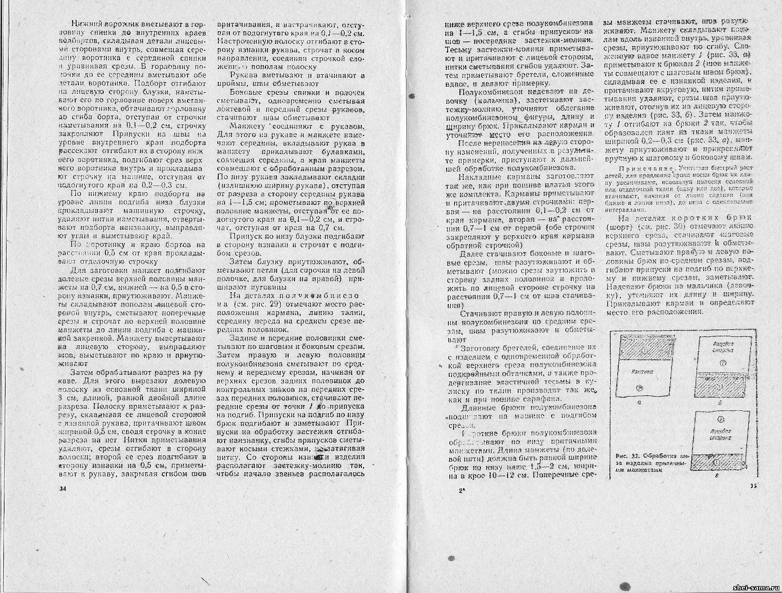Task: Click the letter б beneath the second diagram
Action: point(723,403)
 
